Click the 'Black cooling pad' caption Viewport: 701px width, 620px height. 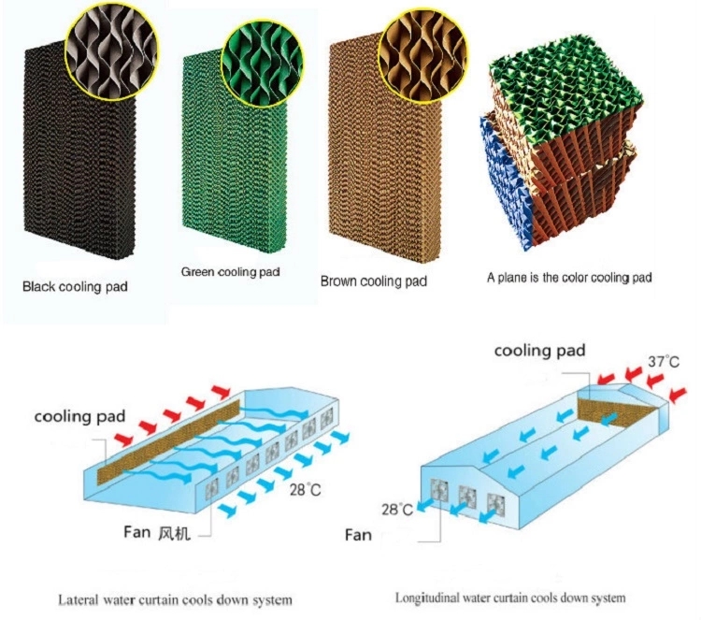click(75, 287)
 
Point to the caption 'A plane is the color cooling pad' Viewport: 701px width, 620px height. click(569, 277)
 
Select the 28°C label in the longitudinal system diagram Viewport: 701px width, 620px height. click(397, 510)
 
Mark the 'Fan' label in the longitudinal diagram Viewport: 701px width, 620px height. click(358, 535)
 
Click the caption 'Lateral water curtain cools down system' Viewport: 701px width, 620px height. click(176, 598)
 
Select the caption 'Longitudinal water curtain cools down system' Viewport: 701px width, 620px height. click(509, 597)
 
